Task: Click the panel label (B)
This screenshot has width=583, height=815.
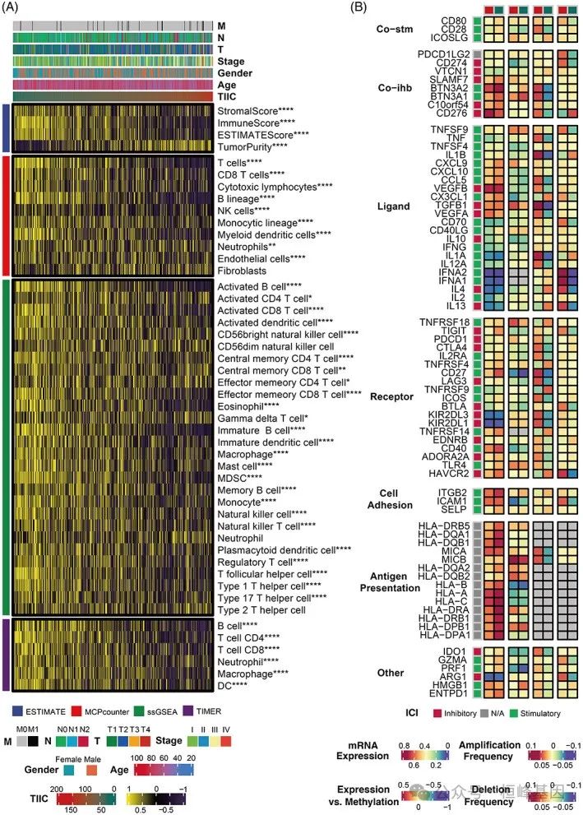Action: click(x=360, y=7)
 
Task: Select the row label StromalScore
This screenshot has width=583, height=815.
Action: click(x=251, y=111)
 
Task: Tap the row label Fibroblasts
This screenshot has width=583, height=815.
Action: click(x=242, y=270)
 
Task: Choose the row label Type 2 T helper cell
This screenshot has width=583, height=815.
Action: click(x=261, y=610)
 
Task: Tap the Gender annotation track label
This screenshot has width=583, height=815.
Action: click(x=234, y=72)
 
